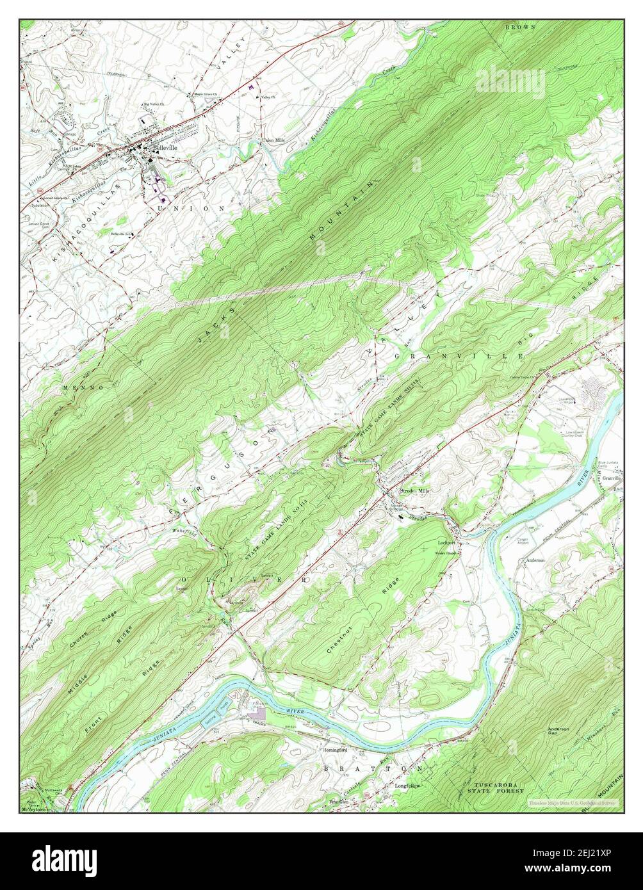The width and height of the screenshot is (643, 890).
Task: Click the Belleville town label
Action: tap(164, 147)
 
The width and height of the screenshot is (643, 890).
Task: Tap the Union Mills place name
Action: tap(273, 140)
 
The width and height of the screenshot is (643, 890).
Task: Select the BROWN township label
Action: tap(520, 28)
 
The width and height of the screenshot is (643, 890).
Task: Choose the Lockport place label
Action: tap(446, 542)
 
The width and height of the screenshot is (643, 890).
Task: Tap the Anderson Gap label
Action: tap(559, 731)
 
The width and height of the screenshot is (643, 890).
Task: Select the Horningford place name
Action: tap(334, 750)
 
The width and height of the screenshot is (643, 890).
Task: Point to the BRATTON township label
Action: tap(373, 767)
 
